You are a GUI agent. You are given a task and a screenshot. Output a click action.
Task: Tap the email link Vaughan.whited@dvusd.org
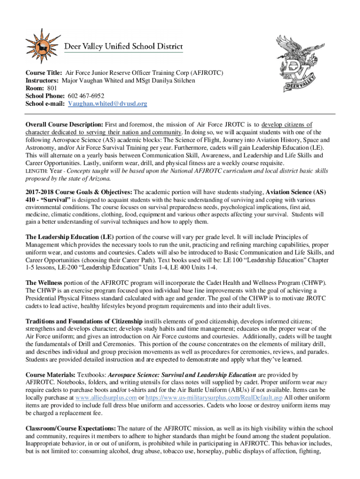pos(108,104)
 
